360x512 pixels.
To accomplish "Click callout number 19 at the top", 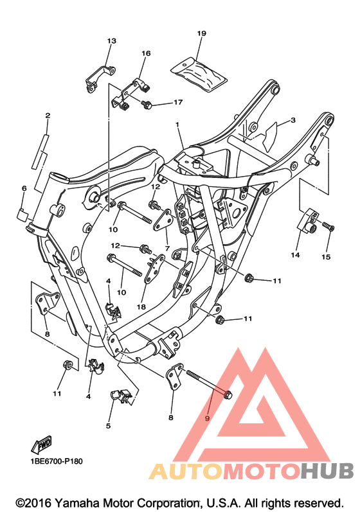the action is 202,33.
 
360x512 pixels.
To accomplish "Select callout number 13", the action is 112,41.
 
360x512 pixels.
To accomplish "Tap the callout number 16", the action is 146,53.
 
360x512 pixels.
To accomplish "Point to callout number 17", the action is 178,102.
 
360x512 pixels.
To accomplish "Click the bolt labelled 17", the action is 147,105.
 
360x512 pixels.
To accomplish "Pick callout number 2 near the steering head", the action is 48,115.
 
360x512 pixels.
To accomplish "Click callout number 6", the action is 24,188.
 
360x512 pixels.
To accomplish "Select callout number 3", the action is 293,120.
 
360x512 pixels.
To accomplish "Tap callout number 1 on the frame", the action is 177,125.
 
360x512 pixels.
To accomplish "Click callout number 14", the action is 295,254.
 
